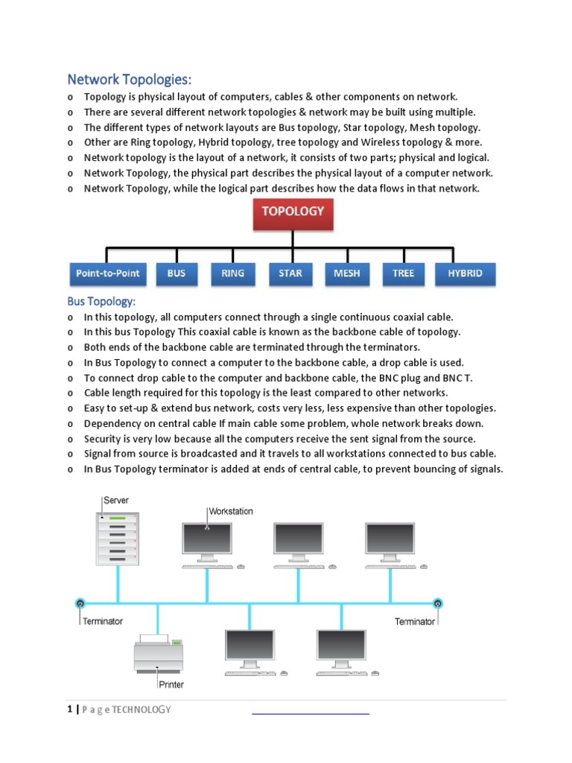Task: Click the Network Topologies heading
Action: pyautogui.click(x=130, y=79)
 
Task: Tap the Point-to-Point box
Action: pyautogui.click(x=107, y=273)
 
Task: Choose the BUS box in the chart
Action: pyautogui.click(x=177, y=273)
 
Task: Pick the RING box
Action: pyautogui.click(x=232, y=273)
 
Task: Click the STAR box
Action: pyautogui.click(x=290, y=273)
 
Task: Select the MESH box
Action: pyautogui.click(x=347, y=273)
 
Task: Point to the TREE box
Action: pyautogui.click(x=403, y=273)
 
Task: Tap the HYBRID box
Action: pyautogui.click(x=465, y=273)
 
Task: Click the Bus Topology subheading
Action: pyautogui.click(x=101, y=302)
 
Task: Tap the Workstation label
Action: pyautogui.click(x=231, y=511)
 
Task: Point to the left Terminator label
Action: pyautogui.click(x=103, y=621)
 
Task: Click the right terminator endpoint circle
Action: pyautogui.click(x=438, y=603)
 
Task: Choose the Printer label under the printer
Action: pyautogui.click(x=171, y=684)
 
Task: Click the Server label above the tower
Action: pyautogui.click(x=115, y=501)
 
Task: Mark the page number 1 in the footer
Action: pyautogui.click(x=69, y=709)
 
